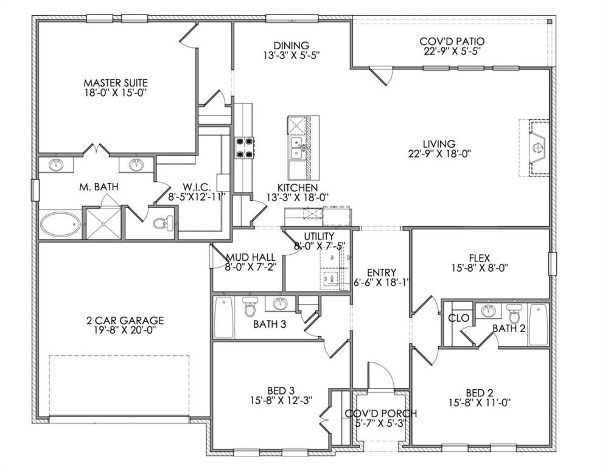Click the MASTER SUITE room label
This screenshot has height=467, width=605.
[116, 82]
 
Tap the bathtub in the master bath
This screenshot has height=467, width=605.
[60, 224]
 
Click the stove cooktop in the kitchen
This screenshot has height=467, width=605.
[245, 148]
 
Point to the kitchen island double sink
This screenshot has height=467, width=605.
[297, 147]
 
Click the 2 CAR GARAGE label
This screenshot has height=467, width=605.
[125, 320]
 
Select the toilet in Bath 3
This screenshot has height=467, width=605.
[250, 308]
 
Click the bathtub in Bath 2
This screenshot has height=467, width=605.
[537, 324]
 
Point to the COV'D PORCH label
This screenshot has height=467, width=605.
[381, 413]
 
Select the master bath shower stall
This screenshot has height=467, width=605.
[101, 223]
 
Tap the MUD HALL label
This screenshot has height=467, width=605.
[247, 257]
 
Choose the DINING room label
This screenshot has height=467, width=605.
[290, 45]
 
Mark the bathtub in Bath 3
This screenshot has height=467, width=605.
[223, 318]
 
